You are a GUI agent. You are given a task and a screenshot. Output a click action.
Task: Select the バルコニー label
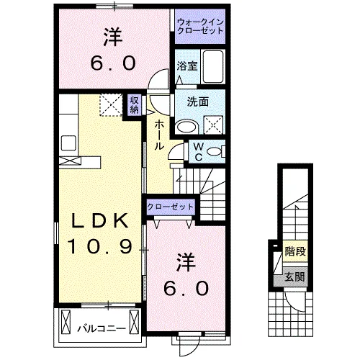point(101,329)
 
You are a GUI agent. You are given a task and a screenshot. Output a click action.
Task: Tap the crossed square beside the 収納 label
point(111,105)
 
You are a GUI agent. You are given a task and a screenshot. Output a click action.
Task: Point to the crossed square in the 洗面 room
point(215,124)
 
